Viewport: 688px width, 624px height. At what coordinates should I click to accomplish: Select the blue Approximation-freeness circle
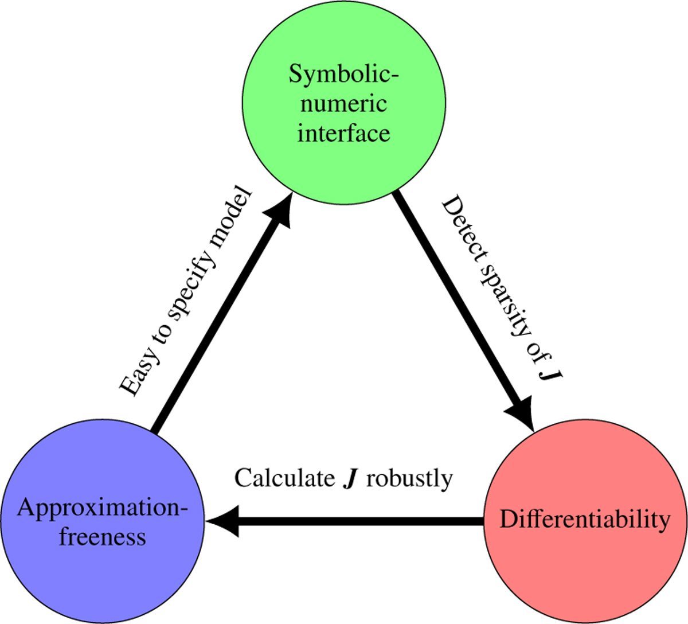pos(102,568)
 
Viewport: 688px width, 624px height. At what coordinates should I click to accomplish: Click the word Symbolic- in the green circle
pos(343,75)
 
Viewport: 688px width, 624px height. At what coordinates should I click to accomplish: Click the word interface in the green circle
pos(343,133)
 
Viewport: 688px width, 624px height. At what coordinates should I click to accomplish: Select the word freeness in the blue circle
pos(103,537)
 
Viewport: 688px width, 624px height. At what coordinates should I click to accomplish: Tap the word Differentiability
pos(585,520)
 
